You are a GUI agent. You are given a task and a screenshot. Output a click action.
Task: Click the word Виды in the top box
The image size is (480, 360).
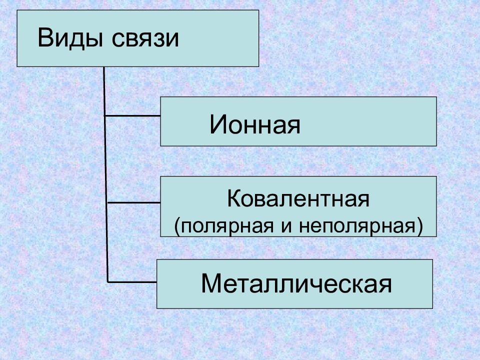coord(70,38)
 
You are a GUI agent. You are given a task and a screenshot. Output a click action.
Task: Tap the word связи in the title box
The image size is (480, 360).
coord(145,39)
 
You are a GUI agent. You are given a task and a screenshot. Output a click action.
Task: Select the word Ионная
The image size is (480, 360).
coord(255,124)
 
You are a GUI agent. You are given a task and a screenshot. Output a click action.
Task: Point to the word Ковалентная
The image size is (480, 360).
coord(298,198)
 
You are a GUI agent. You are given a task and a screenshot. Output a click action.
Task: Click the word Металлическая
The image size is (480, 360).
coord(296,283)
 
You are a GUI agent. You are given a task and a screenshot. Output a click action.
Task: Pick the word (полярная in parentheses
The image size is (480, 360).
coord(224,226)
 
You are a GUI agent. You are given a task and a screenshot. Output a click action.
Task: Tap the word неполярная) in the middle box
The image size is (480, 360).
coord(361,226)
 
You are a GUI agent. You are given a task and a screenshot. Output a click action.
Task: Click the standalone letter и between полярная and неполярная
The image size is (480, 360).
coord(286,226)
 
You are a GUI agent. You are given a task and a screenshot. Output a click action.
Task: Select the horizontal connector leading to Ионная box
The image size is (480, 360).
coord(132,115)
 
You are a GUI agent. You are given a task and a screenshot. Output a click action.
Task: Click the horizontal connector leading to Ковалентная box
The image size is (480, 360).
coord(134,202)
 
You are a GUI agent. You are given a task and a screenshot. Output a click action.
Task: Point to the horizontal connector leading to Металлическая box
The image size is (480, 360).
coord(132,281)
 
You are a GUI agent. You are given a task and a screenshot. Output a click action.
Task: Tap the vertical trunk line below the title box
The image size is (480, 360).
coord(106,174)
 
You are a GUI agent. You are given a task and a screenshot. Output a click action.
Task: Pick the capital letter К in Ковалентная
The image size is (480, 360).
coord(234,198)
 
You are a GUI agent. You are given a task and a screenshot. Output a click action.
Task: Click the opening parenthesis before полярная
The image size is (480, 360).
coord(176,226)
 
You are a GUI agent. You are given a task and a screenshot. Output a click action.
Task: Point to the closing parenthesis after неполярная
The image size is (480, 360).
coord(420,226)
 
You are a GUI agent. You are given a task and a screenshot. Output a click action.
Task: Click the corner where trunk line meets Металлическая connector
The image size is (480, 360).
coord(108,281)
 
